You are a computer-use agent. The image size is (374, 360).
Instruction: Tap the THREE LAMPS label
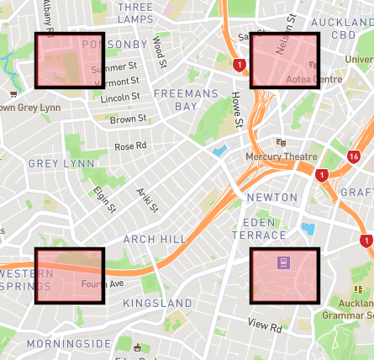tap(136, 13)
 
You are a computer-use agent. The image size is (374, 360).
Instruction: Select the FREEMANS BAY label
tap(186, 99)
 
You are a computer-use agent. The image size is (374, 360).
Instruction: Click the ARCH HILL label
tap(155, 239)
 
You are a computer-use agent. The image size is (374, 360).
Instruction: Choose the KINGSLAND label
tap(158, 302)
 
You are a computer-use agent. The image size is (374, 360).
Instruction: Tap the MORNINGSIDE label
tap(69, 343)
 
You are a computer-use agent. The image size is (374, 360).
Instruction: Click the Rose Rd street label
tap(130, 146)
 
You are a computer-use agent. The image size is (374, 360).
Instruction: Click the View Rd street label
tap(265, 325)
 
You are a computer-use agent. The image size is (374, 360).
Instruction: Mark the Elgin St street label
tap(105, 199)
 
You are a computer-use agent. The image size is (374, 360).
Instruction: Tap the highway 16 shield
tap(354, 157)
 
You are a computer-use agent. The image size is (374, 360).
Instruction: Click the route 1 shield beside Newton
tap(321, 175)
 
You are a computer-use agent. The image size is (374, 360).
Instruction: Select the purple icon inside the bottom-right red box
tap(284, 263)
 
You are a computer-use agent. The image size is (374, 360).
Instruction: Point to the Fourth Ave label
tap(103, 284)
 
